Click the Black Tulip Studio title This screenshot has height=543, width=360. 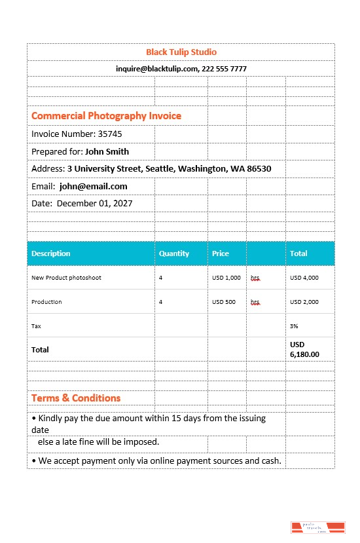181,52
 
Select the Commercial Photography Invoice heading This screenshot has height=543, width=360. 106,116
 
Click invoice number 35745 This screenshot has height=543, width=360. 110,134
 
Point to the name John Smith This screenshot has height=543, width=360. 107,151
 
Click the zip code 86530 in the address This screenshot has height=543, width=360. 258,169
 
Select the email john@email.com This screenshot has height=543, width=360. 93,187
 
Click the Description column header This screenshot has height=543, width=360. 50,253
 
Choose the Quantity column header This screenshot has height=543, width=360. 173,253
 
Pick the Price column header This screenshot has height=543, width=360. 221,253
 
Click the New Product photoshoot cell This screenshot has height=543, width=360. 66,278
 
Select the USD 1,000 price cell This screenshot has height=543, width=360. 226,278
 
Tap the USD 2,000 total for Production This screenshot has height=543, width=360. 304,302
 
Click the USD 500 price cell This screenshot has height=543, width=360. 223,302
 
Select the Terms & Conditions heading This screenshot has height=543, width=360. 76,398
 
